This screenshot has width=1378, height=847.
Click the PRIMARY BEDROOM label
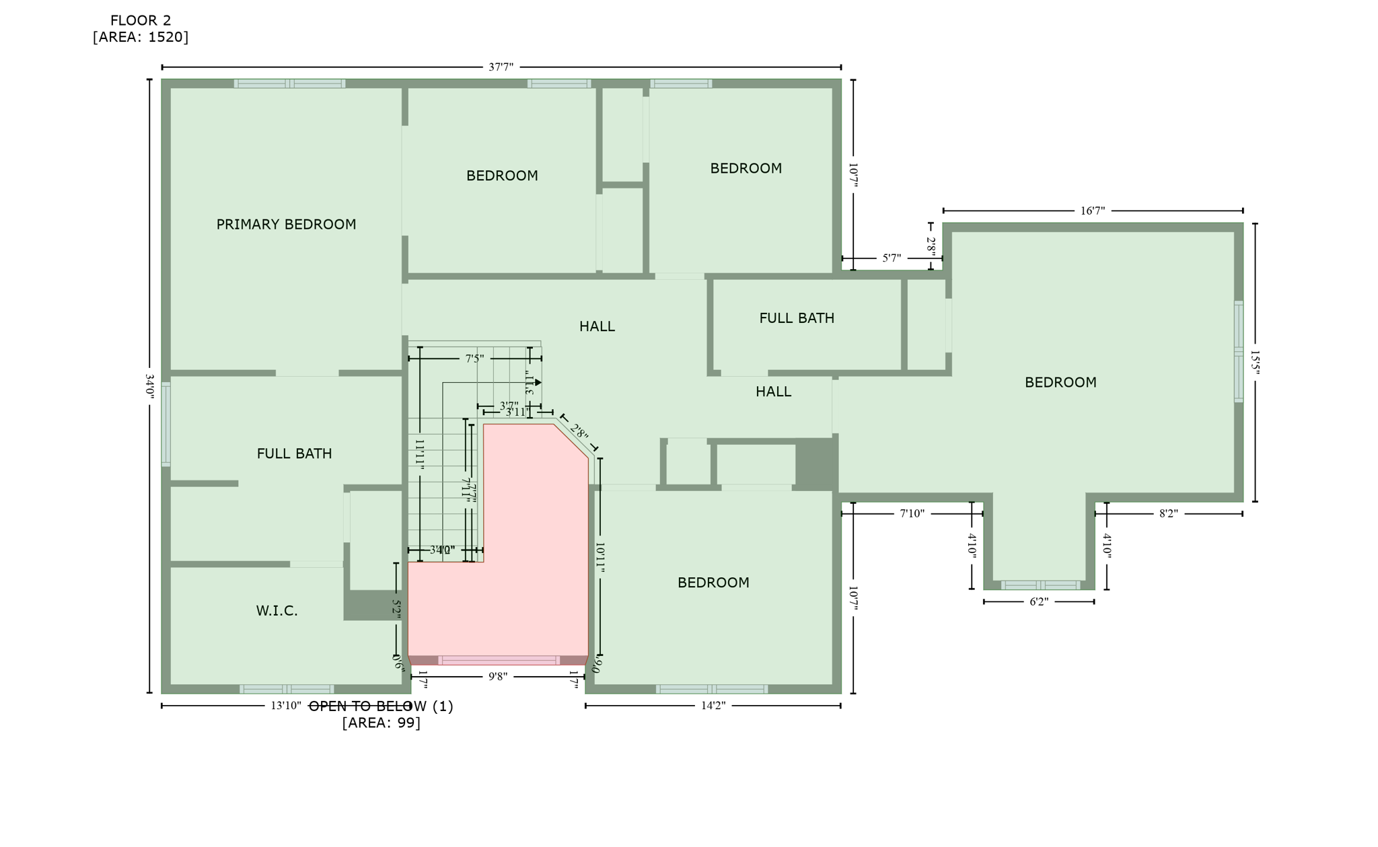(x=286, y=225)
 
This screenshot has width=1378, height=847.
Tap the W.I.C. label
(x=277, y=611)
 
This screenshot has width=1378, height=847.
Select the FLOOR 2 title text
(x=141, y=21)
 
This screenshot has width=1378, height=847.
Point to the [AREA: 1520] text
(x=141, y=37)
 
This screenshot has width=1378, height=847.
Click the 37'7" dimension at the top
(x=501, y=67)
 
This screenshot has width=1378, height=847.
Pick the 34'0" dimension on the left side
(x=149, y=387)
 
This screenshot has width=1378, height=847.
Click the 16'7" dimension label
(x=1093, y=211)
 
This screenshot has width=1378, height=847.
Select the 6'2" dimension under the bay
(x=1039, y=601)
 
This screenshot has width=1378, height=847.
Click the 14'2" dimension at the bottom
(x=713, y=706)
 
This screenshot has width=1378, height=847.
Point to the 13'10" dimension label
(x=286, y=706)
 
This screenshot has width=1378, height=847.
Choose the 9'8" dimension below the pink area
(x=498, y=677)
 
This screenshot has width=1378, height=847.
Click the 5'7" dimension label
(x=892, y=258)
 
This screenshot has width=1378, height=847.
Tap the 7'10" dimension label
(x=912, y=514)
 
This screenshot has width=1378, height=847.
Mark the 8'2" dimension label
(x=1168, y=514)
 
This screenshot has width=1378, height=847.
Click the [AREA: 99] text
(x=381, y=723)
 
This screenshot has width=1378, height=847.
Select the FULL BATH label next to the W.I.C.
(x=294, y=454)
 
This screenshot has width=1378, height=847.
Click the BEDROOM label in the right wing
(x=1060, y=383)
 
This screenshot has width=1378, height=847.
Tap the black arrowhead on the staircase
(x=538, y=383)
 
